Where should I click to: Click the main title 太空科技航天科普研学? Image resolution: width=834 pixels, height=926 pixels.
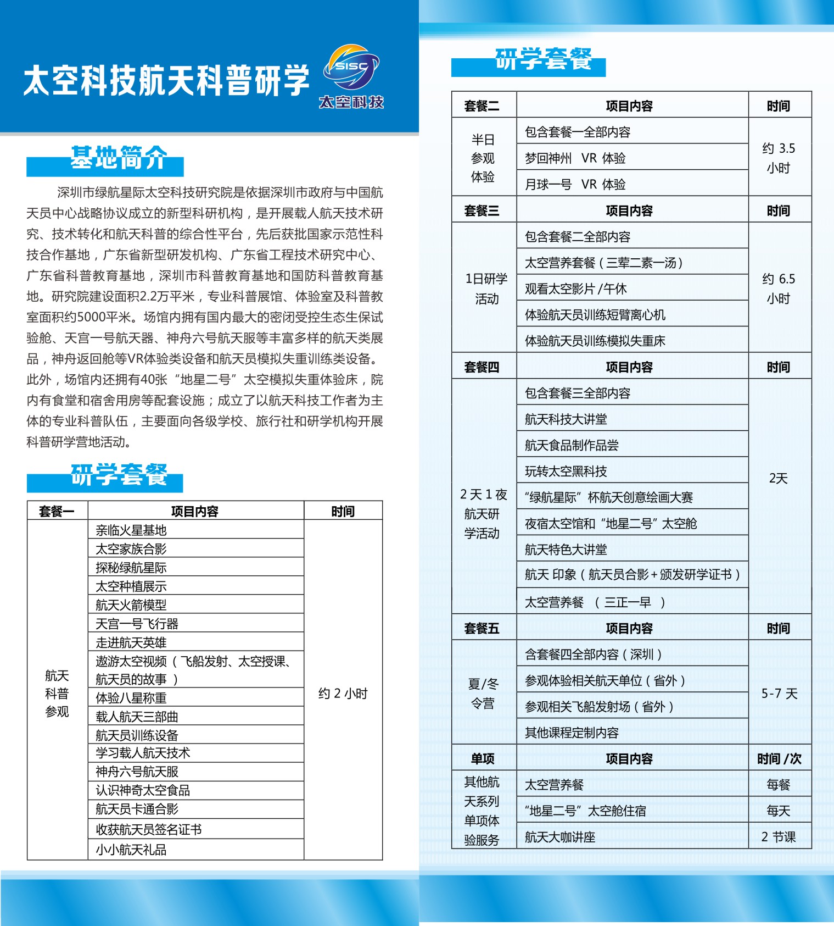(166, 80)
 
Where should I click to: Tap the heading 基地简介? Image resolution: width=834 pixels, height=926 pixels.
(118, 158)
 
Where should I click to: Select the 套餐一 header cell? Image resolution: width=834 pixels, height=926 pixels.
(57, 511)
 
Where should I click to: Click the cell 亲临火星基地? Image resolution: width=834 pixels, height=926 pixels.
(131, 530)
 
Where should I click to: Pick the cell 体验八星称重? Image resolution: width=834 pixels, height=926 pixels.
(131, 698)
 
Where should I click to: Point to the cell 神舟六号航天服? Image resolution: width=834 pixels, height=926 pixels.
(137, 772)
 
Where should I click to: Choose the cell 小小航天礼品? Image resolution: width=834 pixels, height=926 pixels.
(131, 850)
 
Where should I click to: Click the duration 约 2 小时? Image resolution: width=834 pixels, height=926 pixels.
(343, 694)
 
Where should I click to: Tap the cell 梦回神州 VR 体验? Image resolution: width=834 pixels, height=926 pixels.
(575, 158)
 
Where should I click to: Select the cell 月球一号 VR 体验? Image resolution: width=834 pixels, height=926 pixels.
(575, 184)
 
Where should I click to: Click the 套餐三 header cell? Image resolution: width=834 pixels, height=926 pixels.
(482, 210)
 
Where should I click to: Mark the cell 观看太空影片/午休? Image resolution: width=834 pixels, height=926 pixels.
(575, 289)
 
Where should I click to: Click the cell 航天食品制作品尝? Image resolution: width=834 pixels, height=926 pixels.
(572, 445)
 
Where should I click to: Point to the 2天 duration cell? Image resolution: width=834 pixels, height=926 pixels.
(779, 478)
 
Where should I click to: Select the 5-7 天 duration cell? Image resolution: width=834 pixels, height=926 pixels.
(779, 694)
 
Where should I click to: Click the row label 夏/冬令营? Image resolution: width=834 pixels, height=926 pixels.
(483, 694)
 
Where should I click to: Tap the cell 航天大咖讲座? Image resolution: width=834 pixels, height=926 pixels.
(560, 837)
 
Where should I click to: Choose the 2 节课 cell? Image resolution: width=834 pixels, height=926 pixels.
(779, 837)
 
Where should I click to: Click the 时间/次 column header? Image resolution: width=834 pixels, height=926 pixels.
(779, 759)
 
